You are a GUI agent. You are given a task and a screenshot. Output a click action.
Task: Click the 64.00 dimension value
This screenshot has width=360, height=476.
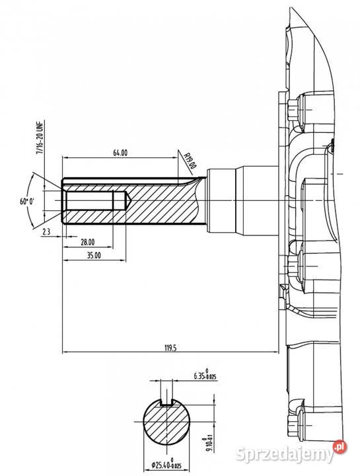(120, 153)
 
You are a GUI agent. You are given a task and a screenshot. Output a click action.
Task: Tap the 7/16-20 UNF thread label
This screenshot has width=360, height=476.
(40, 138)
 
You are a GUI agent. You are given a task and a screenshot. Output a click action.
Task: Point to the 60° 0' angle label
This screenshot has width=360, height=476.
(27, 201)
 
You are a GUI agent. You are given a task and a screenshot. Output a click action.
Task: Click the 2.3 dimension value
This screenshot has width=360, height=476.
(46, 232)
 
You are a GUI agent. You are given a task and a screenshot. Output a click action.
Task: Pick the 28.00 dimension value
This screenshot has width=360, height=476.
(88, 242)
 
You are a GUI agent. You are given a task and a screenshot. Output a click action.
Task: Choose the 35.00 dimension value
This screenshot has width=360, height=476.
(94, 255)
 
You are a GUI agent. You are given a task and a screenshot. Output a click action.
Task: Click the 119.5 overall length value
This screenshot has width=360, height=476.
(170, 348)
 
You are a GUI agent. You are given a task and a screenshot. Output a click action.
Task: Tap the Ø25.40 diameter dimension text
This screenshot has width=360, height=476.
(166, 465)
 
